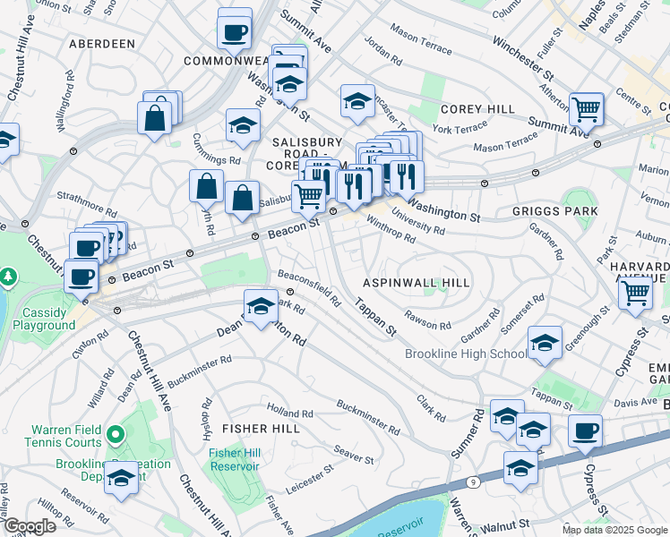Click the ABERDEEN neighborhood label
(99, 43)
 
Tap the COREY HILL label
(477, 109)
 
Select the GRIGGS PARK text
(554, 212)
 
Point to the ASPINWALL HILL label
(416, 282)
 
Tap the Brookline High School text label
(466, 354)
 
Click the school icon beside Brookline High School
(545, 344)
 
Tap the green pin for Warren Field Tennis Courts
(115, 436)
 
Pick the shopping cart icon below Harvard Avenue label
(635, 293)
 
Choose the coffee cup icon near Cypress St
(586, 431)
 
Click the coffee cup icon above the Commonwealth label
(235, 31)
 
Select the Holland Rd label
(292, 414)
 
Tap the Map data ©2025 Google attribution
(614, 530)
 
